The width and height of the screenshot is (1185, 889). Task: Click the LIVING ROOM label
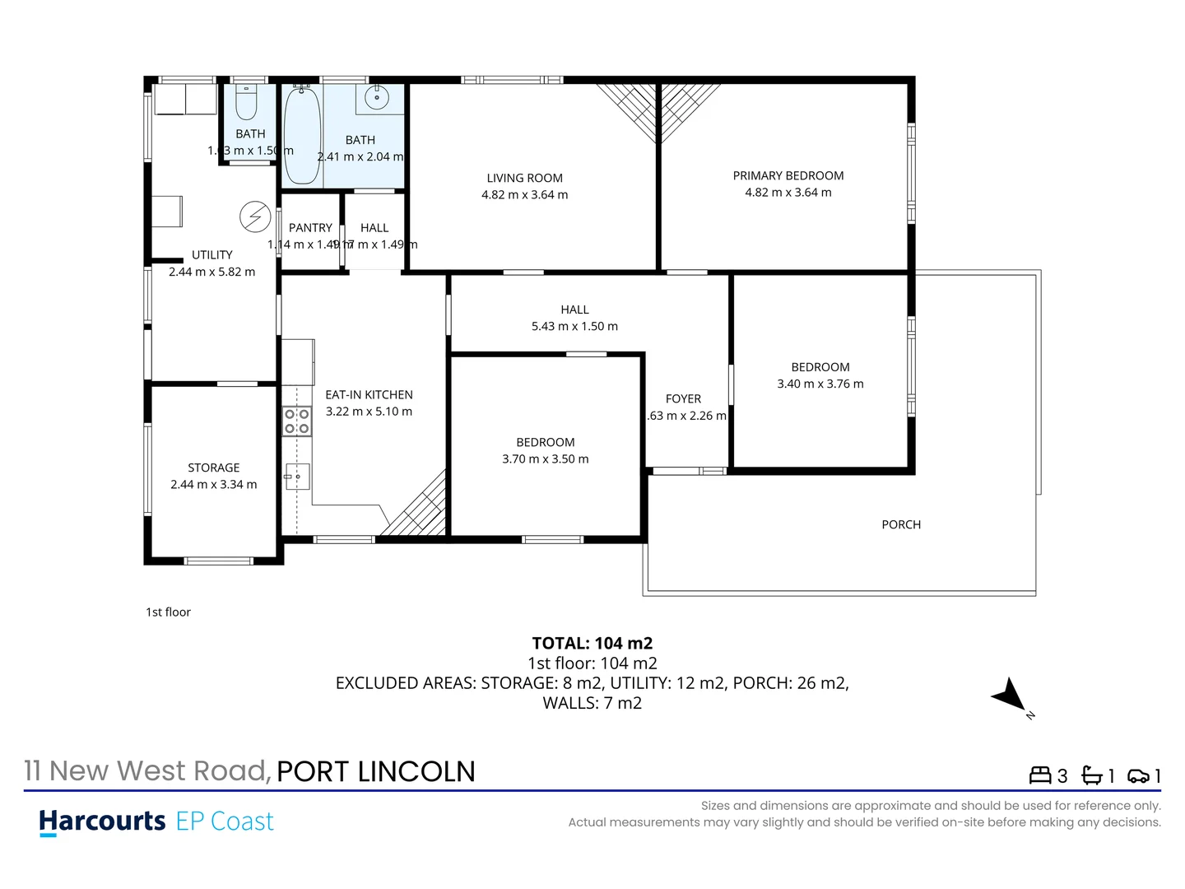[524, 178]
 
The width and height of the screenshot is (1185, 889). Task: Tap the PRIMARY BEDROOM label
[788, 175]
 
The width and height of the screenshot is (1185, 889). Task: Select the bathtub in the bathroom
[302, 136]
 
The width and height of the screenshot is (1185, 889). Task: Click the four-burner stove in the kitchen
[297, 421]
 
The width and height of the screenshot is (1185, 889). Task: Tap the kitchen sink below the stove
[297, 476]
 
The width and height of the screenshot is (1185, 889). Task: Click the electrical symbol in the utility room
[255, 216]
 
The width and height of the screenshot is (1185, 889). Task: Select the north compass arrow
[1011, 696]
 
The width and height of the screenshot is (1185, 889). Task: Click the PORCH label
[901, 524]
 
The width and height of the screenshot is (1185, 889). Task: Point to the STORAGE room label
[213, 468]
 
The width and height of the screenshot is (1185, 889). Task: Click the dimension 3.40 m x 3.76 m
[820, 384]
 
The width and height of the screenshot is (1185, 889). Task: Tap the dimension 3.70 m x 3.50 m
[546, 458]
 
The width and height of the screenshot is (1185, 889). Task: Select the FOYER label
[683, 398]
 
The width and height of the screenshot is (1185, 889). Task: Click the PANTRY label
[310, 228]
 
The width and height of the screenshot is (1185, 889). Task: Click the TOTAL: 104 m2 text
[592, 643]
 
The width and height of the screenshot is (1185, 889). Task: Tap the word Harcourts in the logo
[103, 821]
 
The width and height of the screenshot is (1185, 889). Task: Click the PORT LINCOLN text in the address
[376, 771]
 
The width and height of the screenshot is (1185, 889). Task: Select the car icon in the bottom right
[1138, 775]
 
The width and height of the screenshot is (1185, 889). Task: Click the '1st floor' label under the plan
[168, 612]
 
